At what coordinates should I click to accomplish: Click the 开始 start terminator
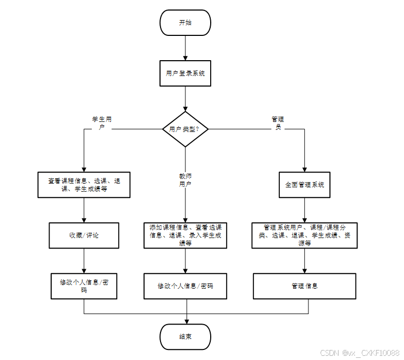185,23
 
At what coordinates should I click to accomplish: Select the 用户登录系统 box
185,73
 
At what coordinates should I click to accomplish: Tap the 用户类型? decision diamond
185,129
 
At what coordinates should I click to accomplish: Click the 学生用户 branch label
102,123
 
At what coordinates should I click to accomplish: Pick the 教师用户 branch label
185,180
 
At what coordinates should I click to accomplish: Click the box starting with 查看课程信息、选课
84,185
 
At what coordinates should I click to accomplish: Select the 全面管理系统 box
305,185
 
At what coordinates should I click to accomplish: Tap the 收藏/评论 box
84,235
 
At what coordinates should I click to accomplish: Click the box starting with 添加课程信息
185,235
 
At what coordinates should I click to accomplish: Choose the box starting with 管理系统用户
305,235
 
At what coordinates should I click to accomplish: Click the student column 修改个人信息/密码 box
84,286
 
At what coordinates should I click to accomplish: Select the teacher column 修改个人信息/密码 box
185,286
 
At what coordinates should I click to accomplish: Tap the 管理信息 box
305,286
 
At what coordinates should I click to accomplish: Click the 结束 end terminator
185,337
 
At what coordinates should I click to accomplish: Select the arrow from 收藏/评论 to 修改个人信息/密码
84,261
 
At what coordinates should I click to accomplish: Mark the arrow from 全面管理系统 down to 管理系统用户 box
305,210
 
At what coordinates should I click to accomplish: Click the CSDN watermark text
360,353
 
